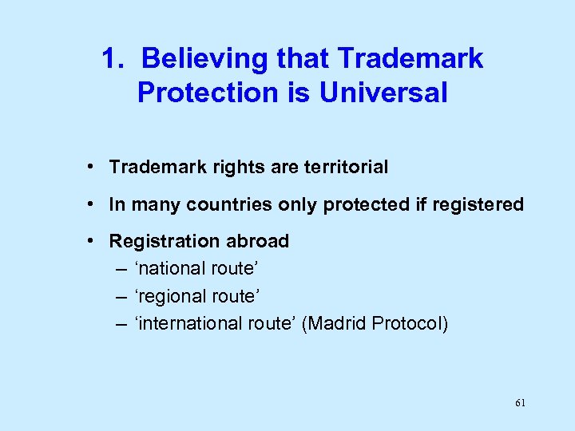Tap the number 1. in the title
[114, 59]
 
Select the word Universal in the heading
[383, 93]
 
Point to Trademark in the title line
[410, 59]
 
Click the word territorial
[344, 168]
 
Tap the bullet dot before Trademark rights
[93, 167]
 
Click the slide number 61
[520, 403]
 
